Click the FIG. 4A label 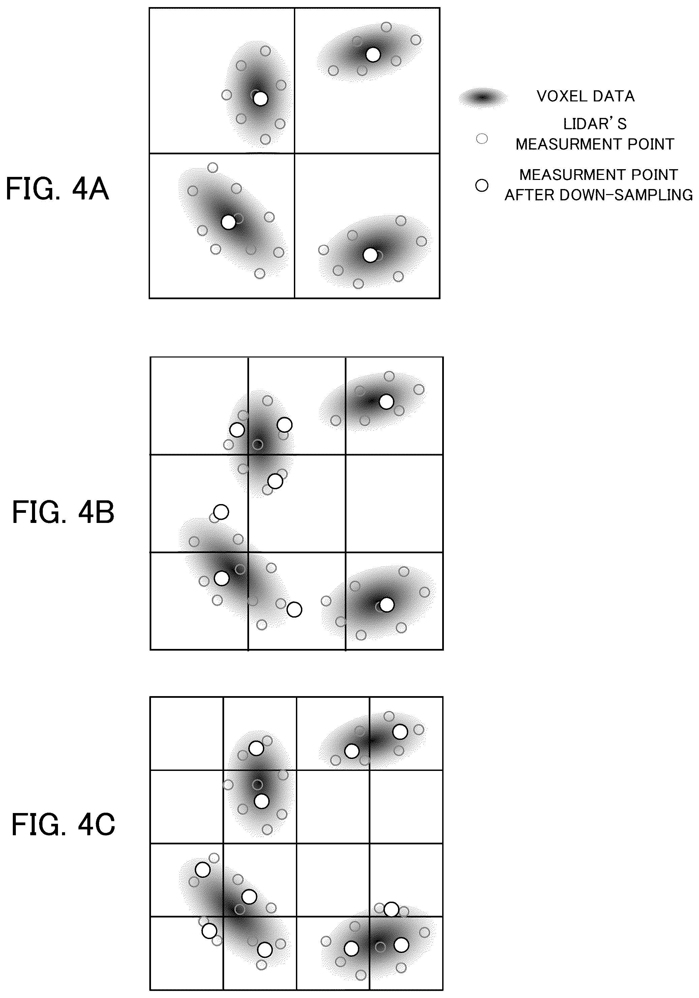coord(57,189)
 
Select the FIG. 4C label coord(63,825)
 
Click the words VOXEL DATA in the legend coord(585,96)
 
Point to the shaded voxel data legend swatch coord(483,97)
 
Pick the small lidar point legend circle coord(482,139)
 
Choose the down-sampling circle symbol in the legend coord(482,186)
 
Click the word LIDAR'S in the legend coord(595,124)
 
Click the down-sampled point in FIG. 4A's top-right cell coord(373,54)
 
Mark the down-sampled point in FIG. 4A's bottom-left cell coord(228,222)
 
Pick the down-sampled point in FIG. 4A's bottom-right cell coord(370,255)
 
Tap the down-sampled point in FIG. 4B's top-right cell coord(387,402)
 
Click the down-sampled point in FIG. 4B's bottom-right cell coord(387,604)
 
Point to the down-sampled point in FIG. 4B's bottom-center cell coord(294,610)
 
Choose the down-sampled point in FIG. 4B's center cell coord(275,481)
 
